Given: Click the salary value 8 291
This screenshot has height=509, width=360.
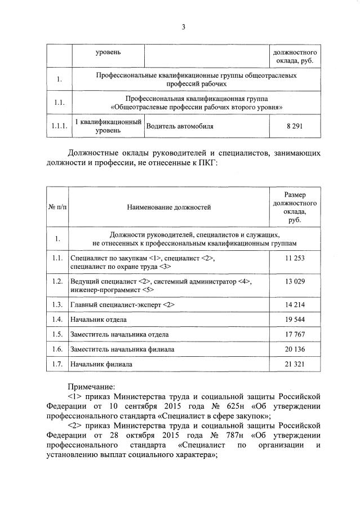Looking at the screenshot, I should pyautogui.click(x=295, y=126).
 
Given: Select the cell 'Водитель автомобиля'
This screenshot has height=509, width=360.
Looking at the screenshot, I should pyautogui.click(x=180, y=126).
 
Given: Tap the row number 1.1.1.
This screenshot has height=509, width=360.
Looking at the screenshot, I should pyautogui.click(x=59, y=126).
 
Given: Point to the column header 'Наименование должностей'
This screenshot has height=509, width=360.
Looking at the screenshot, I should pyautogui.click(x=168, y=207).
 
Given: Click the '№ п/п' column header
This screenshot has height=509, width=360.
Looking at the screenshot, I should pyautogui.click(x=57, y=207).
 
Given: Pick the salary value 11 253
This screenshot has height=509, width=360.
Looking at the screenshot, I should pyautogui.click(x=295, y=258).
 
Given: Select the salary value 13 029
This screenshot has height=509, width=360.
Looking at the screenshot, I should pyautogui.click(x=295, y=281).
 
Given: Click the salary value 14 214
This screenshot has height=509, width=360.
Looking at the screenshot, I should pyautogui.click(x=295, y=304).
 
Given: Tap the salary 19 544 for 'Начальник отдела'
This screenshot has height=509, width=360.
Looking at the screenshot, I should pyautogui.click(x=295, y=320).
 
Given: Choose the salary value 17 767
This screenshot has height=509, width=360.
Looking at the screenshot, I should pyautogui.click(x=295, y=334).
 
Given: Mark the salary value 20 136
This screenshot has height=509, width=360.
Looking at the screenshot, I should pyautogui.click(x=295, y=349).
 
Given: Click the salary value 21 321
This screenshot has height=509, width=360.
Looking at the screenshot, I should pyautogui.click(x=295, y=364).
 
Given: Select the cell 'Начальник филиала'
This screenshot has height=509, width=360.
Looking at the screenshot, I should pyautogui.click(x=101, y=364).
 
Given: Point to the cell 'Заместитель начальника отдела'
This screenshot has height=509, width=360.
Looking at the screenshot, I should pyautogui.click(x=119, y=334).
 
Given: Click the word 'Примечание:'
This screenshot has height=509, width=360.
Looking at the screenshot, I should pyautogui.click(x=91, y=387).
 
